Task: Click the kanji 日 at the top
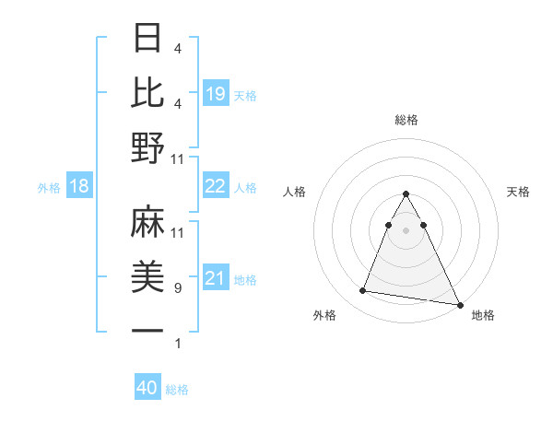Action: pos(147,38)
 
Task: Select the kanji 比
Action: pos(147,92)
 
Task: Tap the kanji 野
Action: pos(147,146)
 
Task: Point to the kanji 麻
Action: pos(147,222)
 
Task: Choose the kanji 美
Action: pos(147,276)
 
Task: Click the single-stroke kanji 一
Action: pos(147,331)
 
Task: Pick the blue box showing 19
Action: pos(215,94)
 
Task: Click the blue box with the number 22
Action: pos(215,186)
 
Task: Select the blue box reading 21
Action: pos(215,278)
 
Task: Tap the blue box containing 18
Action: pos(79,187)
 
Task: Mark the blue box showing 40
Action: pos(147,388)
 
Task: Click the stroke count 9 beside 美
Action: pos(177,288)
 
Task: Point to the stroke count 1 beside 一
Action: pos(177,344)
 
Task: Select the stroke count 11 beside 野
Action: pos(177,158)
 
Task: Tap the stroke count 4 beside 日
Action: pos(177,48)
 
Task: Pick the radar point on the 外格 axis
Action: pos(363,291)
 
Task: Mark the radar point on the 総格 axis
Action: pos(406,194)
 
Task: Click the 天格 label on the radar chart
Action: pos(518,192)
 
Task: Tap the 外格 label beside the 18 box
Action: pos(49,188)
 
